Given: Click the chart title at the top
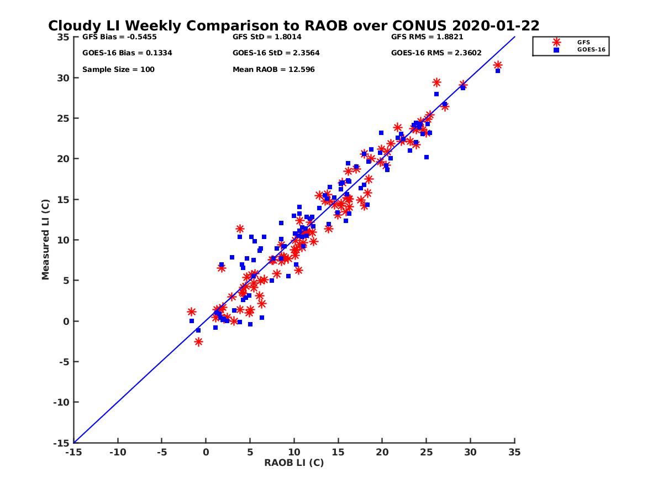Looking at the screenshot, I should (293, 26).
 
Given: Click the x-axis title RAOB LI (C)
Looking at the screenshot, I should (293, 463).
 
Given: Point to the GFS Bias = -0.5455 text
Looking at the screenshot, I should (118, 37).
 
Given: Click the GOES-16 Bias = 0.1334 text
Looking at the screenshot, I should (119, 53).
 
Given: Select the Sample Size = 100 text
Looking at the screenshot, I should (118, 70).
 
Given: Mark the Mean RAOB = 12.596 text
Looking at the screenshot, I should (273, 70).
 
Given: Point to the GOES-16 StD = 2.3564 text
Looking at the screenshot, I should (276, 53).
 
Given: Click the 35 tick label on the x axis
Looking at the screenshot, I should (514, 453).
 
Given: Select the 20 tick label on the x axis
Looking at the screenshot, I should (382, 453).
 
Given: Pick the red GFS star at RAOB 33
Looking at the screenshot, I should (498, 65).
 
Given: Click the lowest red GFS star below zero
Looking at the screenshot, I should (198, 342).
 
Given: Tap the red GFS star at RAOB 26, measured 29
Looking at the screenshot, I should (436, 82).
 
